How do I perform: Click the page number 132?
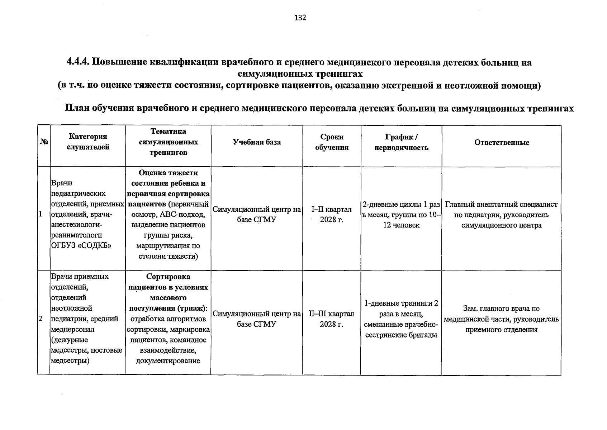pos(300,18)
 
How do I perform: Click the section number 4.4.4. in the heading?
pos(78,62)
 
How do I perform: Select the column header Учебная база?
pos(257,142)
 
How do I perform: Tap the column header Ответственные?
pos(502,143)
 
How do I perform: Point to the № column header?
pos(44,142)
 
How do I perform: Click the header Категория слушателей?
pos(88,142)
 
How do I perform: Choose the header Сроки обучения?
pos(332,142)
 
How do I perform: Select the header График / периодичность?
pos(401,142)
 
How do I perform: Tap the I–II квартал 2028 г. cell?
pos(332,214)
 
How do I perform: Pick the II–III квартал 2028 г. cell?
pos(332,319)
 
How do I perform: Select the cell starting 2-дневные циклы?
pos(401,215)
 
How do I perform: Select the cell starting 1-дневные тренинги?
pos(401,319)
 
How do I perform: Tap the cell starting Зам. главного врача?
pos(501,319)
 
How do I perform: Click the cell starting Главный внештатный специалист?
pos(501,215)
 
